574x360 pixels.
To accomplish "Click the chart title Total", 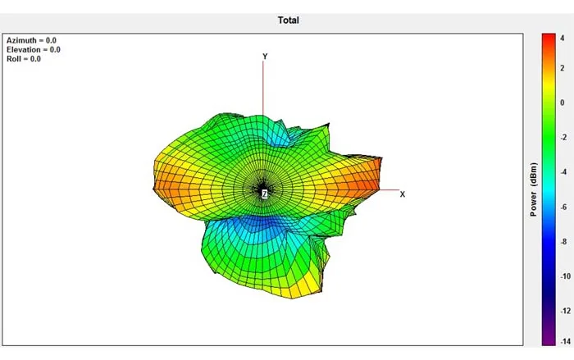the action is [x=288, y=21].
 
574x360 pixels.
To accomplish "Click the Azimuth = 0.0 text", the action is [x=31, y=40].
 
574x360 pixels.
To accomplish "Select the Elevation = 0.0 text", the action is [x=34, y=49].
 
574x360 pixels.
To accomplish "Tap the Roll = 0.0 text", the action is [x=24, y=58].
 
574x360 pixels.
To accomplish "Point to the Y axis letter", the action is [x=265, y=57].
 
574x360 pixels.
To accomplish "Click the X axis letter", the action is [x=403, y=194].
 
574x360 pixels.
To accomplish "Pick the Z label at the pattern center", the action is [x=264, y=194].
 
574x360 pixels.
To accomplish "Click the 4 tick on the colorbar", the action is [x=563, y=38].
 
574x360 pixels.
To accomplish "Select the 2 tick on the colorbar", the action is [x=563, y=68].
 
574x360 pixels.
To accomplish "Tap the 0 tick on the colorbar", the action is [x=563, y=103].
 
